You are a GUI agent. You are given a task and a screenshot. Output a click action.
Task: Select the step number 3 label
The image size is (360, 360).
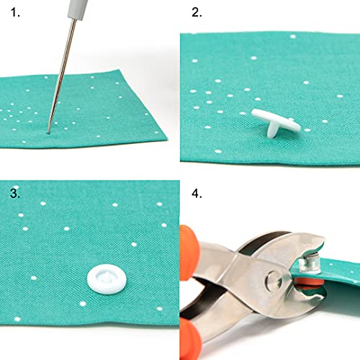[14, 194]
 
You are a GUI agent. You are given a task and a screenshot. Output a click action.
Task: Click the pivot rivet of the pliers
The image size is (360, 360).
[273, 277]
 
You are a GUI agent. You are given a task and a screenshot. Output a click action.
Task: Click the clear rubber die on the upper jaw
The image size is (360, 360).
[312, 248]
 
